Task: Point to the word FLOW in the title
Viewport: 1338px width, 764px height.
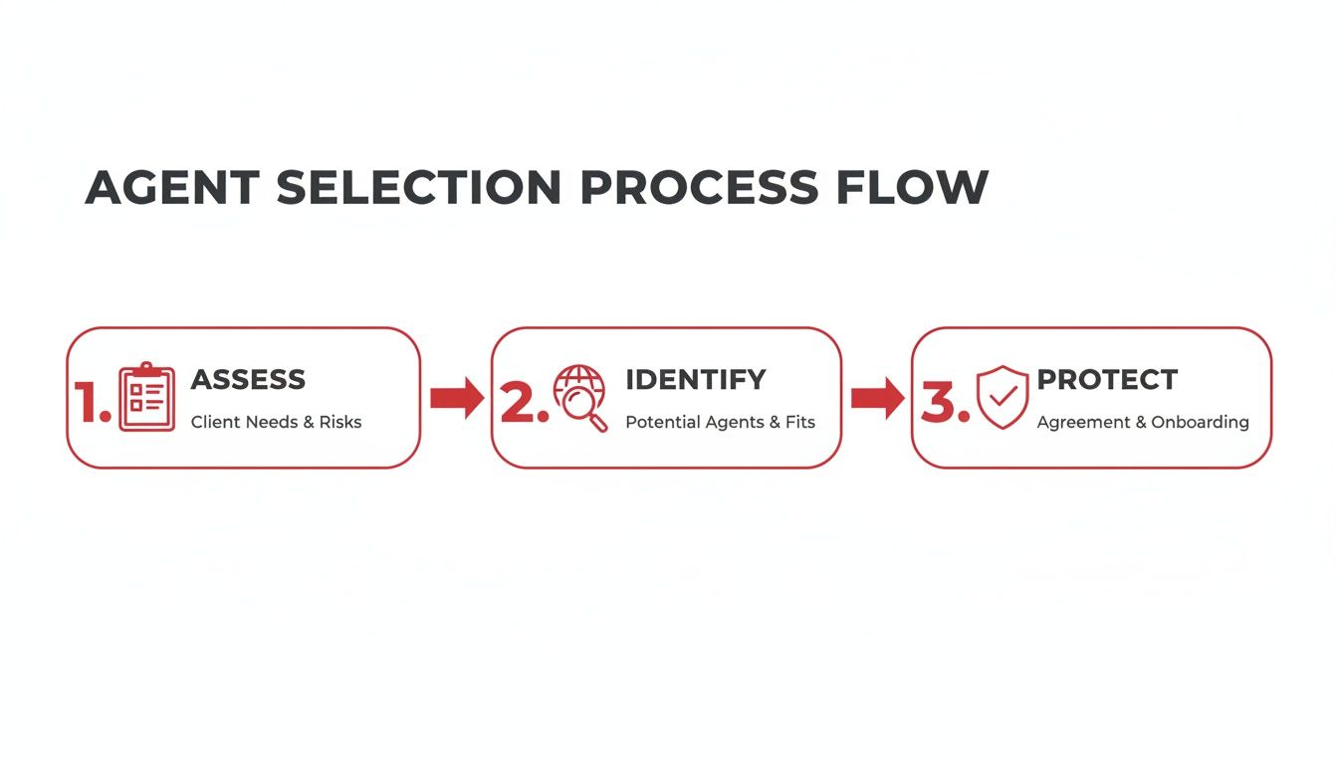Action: coord(912,188)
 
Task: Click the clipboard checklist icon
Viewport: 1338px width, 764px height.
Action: coord(146,398)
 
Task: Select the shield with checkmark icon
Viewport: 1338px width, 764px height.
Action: coord(1002,397)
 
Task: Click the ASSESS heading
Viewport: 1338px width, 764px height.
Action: coord(248,379)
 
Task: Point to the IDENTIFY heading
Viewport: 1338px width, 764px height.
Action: coord(695,379)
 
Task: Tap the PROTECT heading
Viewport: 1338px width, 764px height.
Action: coord(1107,379)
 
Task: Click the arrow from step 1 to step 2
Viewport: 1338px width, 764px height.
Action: coord(456,398)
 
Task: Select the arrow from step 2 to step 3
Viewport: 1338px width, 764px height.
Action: coord(877,398)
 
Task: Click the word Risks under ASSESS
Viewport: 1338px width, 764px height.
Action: coord(339,422)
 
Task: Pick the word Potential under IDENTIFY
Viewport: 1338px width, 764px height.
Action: coord(659,422)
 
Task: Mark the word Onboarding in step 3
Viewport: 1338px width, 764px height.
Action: coord(1200,422)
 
